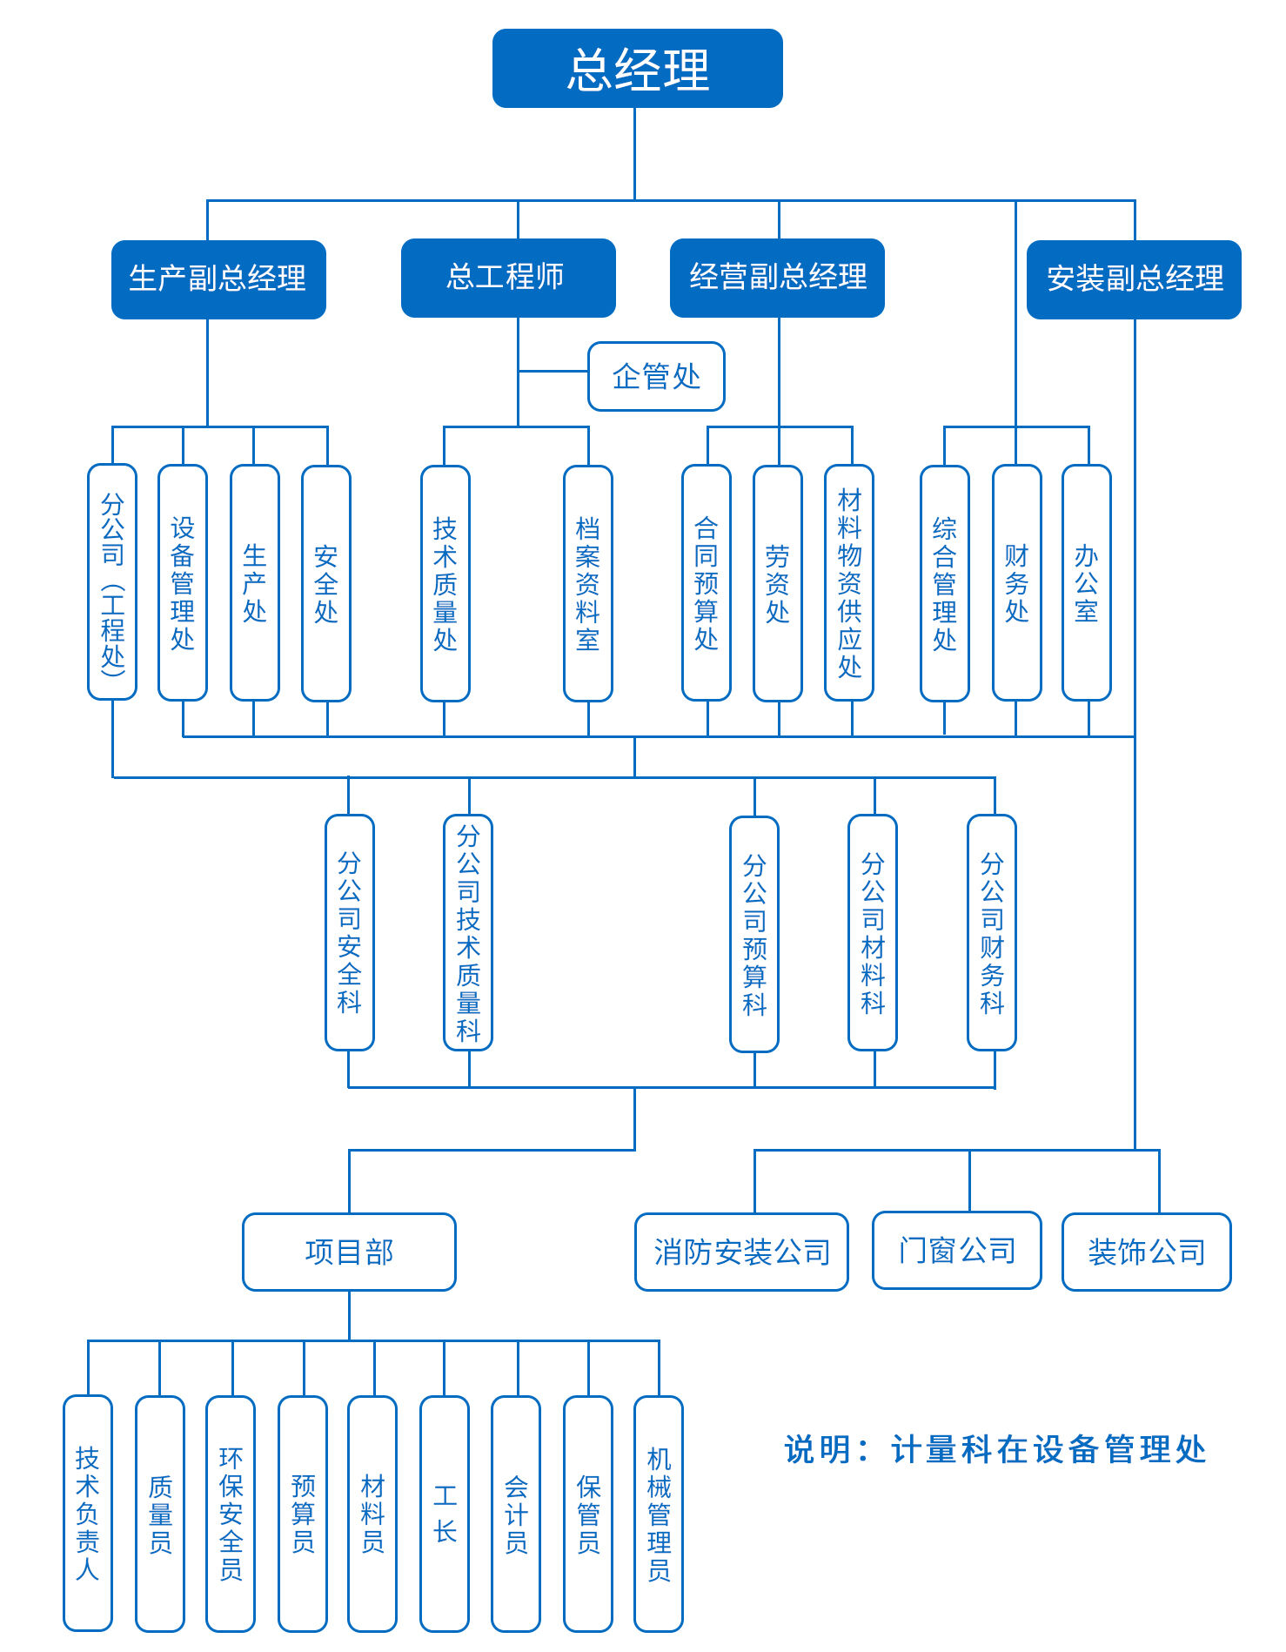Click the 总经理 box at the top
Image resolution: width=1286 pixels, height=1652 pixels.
(x=637, y=69)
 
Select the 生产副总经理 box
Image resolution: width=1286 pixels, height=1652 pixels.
(x=218, y=279)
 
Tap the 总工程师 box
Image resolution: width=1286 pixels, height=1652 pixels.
(x=508, y=278)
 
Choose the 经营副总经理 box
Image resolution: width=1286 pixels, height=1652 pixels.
(x=777, y=278)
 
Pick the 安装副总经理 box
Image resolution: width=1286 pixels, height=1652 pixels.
(x=1134, y=279)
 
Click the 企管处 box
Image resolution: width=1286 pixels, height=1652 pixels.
(x=656, y=376)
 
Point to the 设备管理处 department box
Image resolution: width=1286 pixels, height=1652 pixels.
(x=183, y=582)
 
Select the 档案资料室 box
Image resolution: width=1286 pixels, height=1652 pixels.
(x=588, y=583)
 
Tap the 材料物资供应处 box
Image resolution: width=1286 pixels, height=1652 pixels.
(x=849, y=582)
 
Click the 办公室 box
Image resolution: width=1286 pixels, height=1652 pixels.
(x=1087, y=582)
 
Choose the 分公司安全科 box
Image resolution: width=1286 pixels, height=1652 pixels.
(x=350, y=932)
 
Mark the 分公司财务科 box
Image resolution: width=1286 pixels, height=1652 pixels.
(x=992, y=932)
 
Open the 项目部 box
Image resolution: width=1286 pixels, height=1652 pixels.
(x=349, y=1252)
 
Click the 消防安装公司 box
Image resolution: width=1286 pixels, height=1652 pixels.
(x=741, y=1252)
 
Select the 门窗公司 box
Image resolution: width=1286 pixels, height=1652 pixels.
(x=957, y=1250)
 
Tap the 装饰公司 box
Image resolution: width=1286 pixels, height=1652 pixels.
(x=1147, y=1252)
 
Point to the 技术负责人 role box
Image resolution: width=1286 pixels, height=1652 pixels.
(x=88, y=1513)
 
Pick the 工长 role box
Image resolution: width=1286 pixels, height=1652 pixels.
(x=445, y=1513)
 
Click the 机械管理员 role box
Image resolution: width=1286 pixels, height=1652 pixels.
(x=659, y=1513)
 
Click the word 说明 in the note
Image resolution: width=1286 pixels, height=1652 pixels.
(x=818, y=1450)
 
